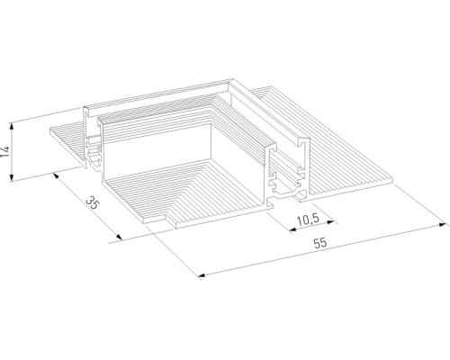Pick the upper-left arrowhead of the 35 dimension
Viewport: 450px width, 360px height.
click(x=56, y=175)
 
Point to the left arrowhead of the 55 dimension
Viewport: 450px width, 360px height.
click(x=196, y=274)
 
